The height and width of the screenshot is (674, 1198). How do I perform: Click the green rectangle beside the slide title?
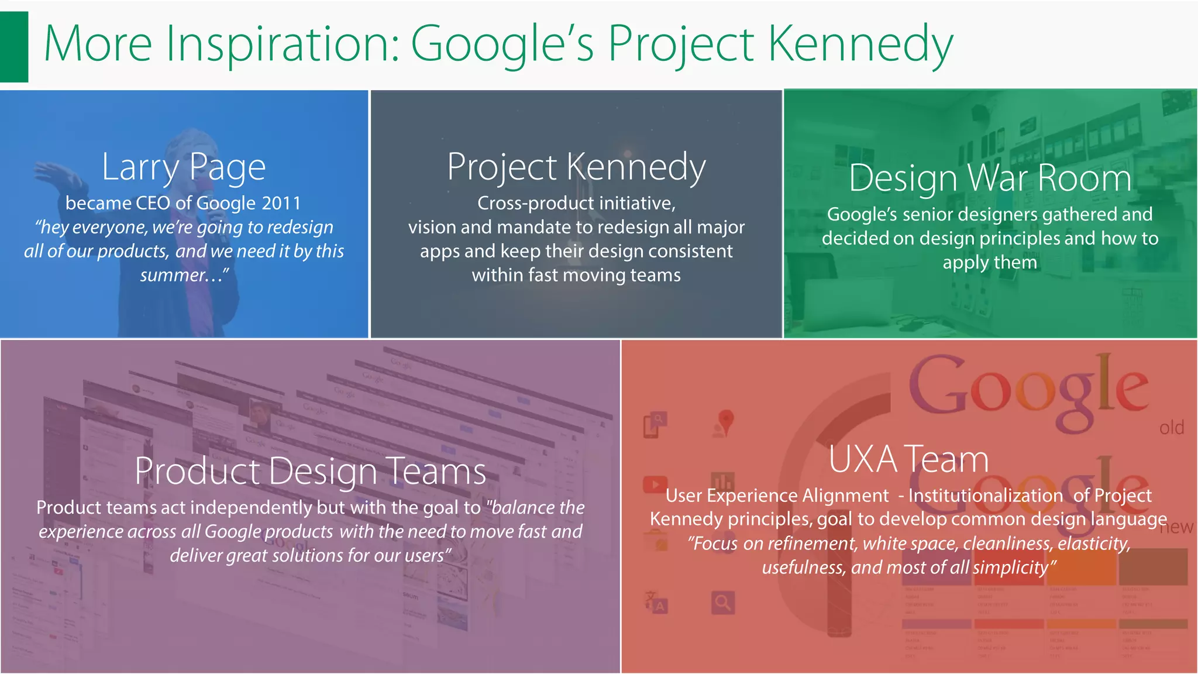point(13,46)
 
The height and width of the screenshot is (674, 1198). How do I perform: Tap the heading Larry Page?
point(184,167)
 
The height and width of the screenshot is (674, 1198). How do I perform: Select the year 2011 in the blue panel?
point(281,203)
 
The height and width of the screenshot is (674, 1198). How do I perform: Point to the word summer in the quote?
point(173,275)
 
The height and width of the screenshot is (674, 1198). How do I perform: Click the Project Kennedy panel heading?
point(576,167)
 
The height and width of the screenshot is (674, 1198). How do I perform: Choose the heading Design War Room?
point(990,178)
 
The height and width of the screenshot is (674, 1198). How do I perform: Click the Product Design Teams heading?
point(310,472)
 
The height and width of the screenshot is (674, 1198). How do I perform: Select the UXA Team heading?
point(908,460)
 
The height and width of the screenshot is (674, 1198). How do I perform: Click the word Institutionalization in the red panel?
point(985,496)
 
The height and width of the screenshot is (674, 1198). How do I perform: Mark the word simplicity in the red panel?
point(1011,568)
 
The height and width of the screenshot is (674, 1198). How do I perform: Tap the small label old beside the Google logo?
point(1171,428)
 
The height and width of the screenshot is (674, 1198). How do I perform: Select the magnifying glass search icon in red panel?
point(723,602)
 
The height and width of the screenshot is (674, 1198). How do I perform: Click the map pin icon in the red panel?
point(725,421)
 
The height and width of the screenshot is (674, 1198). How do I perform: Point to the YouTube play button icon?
point(655,484)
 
